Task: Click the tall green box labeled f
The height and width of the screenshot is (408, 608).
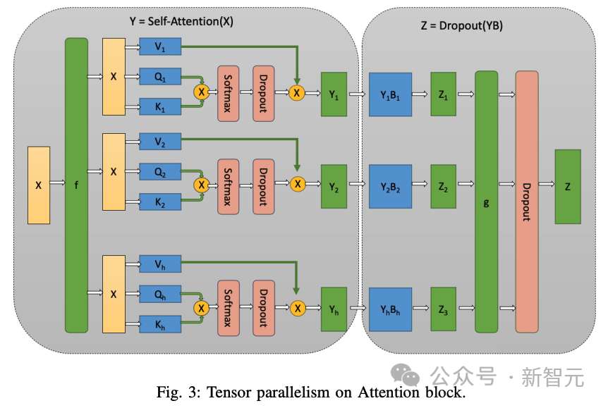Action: (76, 185)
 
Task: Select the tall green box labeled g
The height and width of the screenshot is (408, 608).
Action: (486, 202)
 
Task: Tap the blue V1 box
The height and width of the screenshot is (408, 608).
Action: (160, 47)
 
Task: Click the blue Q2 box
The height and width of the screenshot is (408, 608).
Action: (160, 171)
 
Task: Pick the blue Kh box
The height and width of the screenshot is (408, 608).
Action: (160, 325)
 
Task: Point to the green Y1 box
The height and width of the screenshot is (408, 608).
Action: (334, 94)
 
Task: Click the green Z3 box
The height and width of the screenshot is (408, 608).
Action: (443, 308)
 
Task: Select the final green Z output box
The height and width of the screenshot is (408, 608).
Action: (568, 187)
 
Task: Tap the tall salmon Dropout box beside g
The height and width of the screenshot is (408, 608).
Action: (526, 202)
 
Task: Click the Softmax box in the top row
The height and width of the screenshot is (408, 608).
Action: (229, 92)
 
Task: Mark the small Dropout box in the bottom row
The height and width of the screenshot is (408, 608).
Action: (263, 308)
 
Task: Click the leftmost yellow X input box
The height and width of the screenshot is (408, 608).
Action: (39, 185)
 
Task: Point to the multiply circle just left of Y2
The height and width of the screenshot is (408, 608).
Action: (298, 184)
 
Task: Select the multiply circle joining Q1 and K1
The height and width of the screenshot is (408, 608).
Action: (202, 92)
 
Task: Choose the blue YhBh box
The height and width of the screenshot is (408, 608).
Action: (390, 308)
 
